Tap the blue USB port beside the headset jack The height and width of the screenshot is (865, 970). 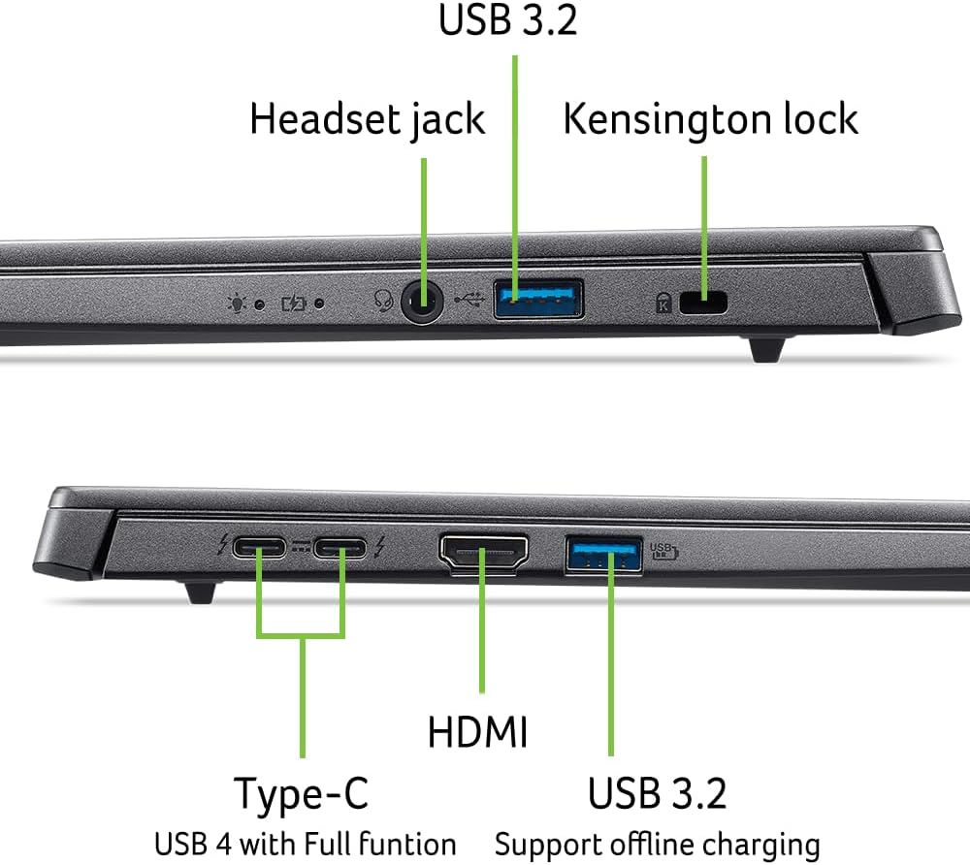click(538, 299)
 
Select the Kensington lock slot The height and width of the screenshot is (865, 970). click(704, 303)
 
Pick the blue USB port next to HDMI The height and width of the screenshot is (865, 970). click(602, 556)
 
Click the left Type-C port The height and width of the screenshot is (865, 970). click(260, 552)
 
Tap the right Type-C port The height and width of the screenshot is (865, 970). click(342, 552)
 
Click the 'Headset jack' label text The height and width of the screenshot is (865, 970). click(367, 119)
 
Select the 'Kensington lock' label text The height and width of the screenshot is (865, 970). click(710, 119)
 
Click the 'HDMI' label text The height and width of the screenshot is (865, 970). click(477, 731)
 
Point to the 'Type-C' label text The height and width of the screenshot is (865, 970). click(302, 795)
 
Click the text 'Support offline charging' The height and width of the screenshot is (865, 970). click(657, 842)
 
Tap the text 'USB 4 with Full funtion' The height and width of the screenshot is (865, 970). click(305, 842)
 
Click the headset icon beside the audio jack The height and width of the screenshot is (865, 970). click(383, 302)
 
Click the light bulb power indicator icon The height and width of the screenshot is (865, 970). click(237, 303)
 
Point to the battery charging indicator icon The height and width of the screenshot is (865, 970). click(293, 303)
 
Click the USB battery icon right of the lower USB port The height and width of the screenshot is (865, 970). click(663, 552)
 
